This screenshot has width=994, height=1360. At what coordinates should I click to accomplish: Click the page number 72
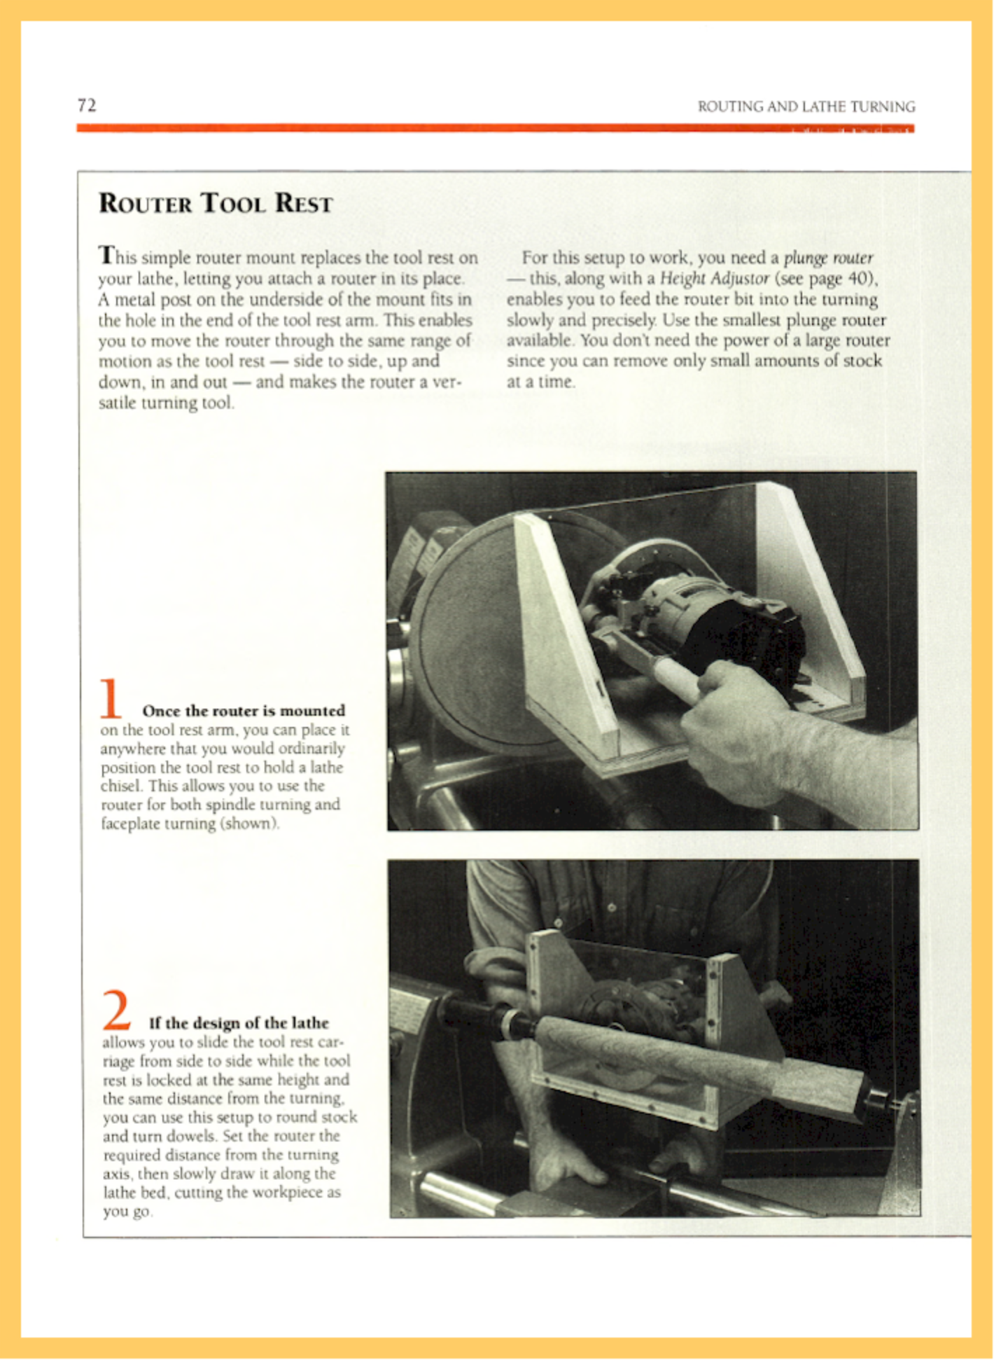click(87, 106)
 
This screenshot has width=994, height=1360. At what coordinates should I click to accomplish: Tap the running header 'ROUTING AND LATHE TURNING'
click(806, 107)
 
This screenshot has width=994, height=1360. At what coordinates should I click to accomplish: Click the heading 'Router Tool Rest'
click(216, 204)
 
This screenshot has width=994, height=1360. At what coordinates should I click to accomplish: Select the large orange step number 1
click(110, 698)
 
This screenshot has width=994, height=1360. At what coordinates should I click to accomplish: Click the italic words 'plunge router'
click(828, 258)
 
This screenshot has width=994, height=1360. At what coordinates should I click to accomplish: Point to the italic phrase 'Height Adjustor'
click(715, 279)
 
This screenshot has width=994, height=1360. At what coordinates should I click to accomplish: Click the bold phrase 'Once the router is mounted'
click(244, 711)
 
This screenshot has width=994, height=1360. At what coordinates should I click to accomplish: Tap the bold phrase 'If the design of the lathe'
click(239, 1023)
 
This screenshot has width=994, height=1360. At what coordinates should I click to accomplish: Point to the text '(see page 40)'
click(827, 279)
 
